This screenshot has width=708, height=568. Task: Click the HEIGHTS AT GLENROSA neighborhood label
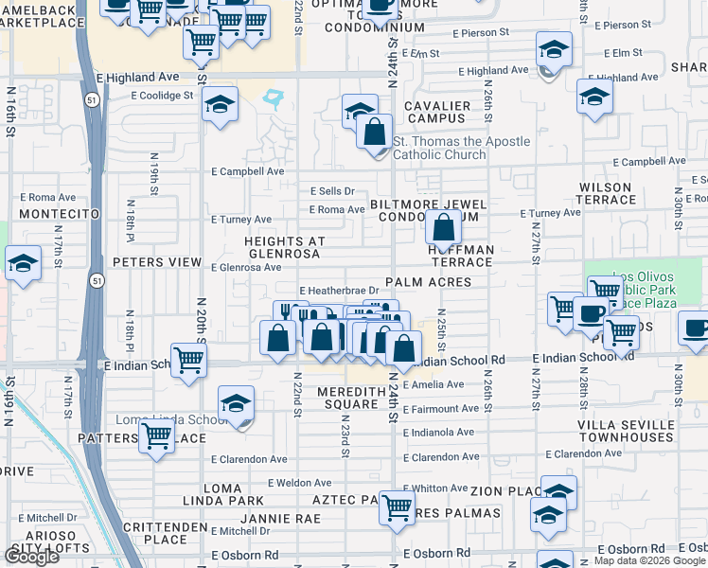[x=285, y=248]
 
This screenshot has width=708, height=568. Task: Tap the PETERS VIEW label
[x=157, y=262]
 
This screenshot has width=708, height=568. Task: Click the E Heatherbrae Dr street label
[x=339, y=291]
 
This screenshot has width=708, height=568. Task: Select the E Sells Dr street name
[x=331, y=191]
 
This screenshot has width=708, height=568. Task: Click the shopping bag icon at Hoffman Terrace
[x=443, y=227]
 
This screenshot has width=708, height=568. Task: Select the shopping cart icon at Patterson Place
[x=156, y=435]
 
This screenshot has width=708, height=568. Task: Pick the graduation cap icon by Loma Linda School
[x=236, y=404]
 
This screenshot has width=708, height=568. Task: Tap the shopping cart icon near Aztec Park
[x=397, y=506]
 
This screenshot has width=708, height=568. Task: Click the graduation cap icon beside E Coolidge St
[x=220, y=104]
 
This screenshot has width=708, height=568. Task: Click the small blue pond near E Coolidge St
[x=275, y=97]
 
